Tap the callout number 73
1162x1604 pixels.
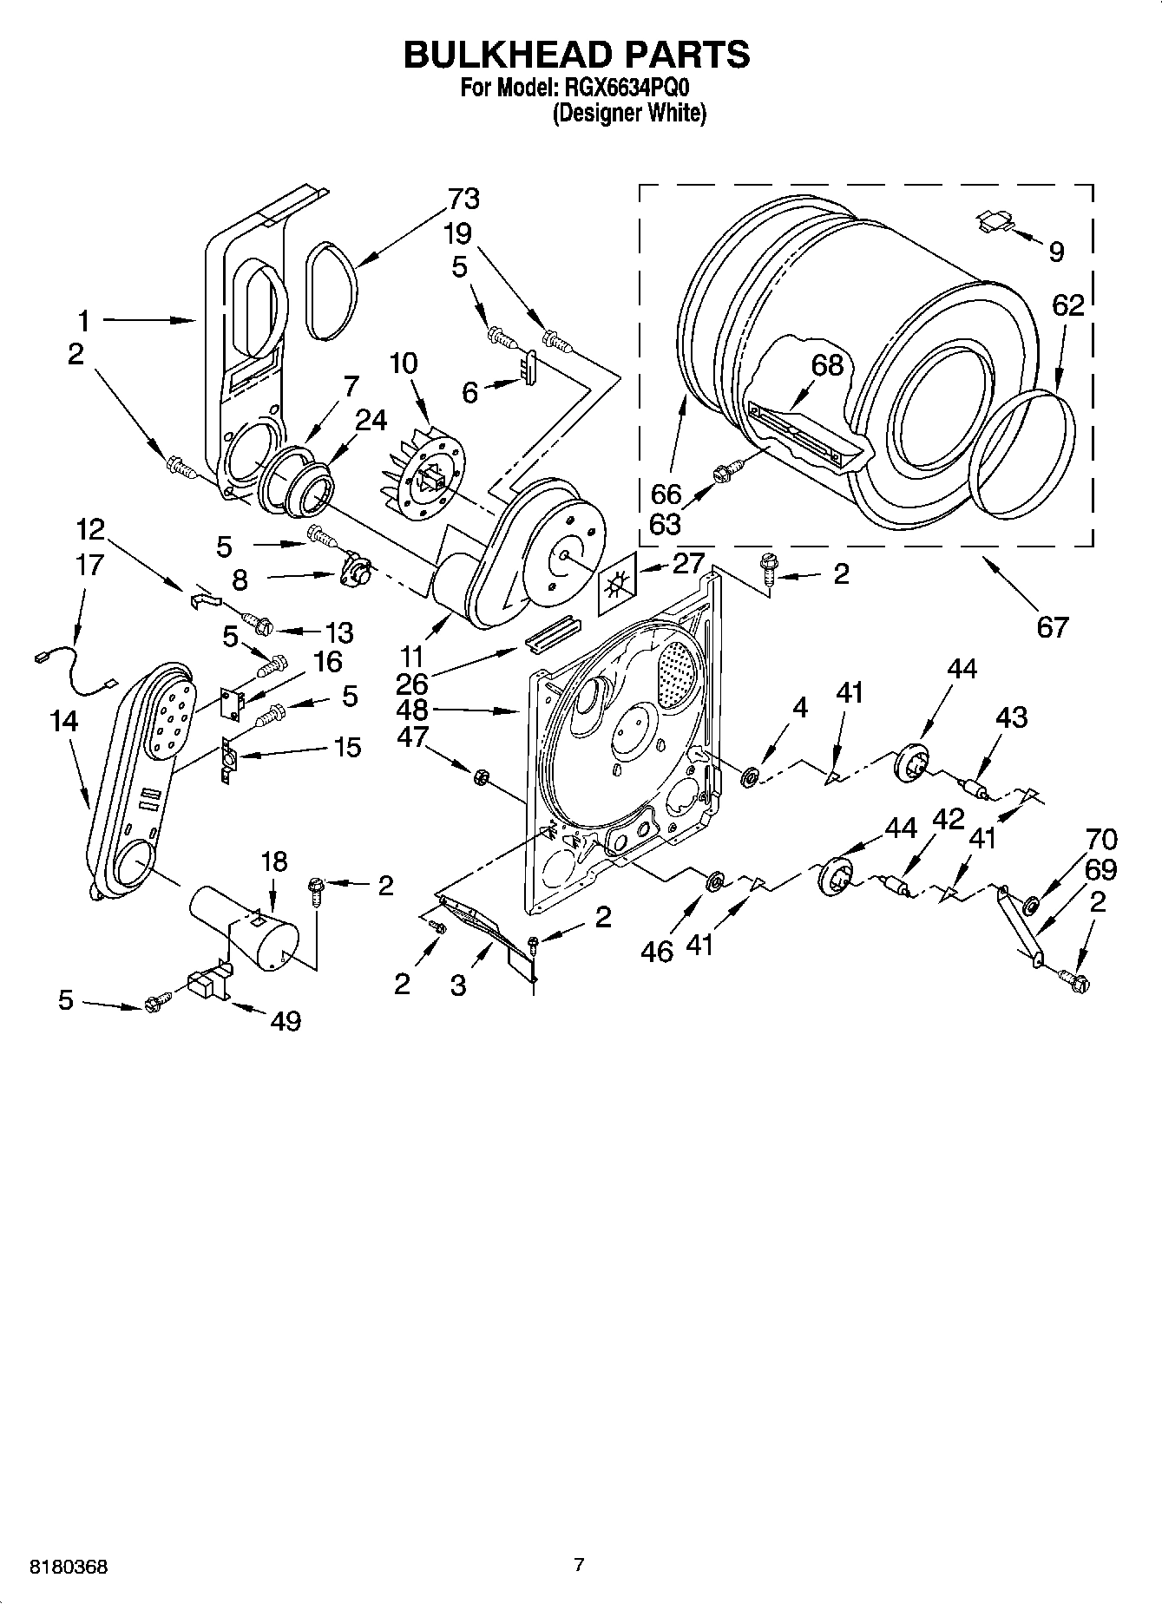[463, 199]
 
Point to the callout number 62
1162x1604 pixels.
[1067, 305]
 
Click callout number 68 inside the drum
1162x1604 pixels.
[827, 365]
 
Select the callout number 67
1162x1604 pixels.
[1052, 625]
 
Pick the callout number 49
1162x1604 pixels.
[286, 1021]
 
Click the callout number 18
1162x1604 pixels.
[273, 861]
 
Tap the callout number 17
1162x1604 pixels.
[89, 565]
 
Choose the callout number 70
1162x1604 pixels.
[1101, 839]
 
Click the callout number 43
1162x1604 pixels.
[1012, 717]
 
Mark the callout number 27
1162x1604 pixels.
[688, 563]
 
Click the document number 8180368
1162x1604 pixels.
[69, 1568]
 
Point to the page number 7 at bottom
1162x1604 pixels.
[579, 1565]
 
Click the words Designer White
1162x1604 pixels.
[629, 113]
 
